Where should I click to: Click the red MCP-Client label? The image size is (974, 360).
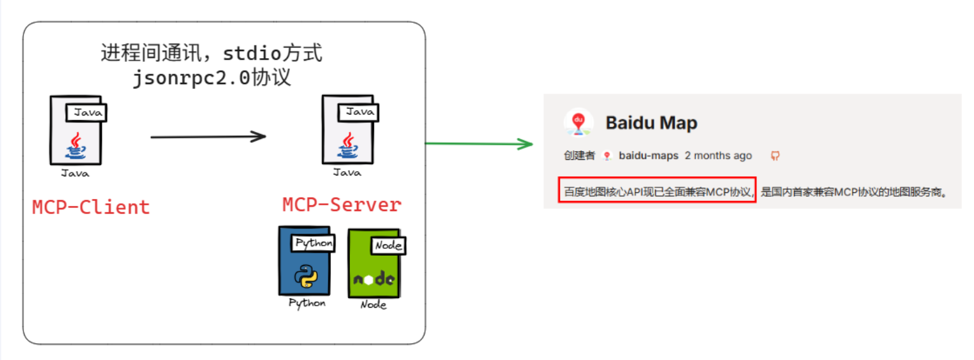tap(91, 207)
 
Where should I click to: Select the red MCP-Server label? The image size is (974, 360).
tap(341, 205)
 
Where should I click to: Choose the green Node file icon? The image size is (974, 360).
tap(374, 263)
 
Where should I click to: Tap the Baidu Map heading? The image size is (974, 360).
tap(651, 123)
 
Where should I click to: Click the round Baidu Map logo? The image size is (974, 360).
tap(578, 122)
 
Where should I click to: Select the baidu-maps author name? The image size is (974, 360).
tap(648, 155)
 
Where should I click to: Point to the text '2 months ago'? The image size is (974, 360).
tap(718, 155)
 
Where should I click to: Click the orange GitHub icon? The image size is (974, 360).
tap(775, 155)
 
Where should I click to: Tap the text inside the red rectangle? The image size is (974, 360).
tap(656, 191)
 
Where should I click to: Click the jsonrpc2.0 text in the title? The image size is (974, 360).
tap(191, 78)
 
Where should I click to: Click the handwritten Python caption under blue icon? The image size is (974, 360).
tap(307, 303)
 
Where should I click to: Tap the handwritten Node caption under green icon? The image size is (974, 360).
tap(373, 305)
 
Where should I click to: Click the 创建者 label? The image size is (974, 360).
tap(579, 155)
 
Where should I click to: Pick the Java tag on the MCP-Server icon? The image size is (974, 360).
tap(359, 112)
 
